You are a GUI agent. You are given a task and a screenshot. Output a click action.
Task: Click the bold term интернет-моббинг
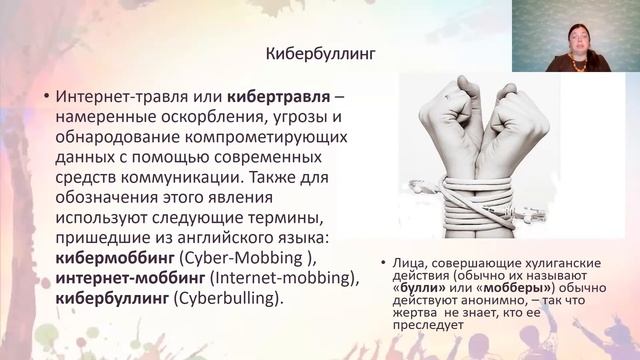tap(129, 279)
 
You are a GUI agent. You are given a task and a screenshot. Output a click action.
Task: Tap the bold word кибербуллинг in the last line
tap(106, 299)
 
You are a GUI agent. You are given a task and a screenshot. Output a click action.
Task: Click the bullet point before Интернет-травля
tap(45, 98)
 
